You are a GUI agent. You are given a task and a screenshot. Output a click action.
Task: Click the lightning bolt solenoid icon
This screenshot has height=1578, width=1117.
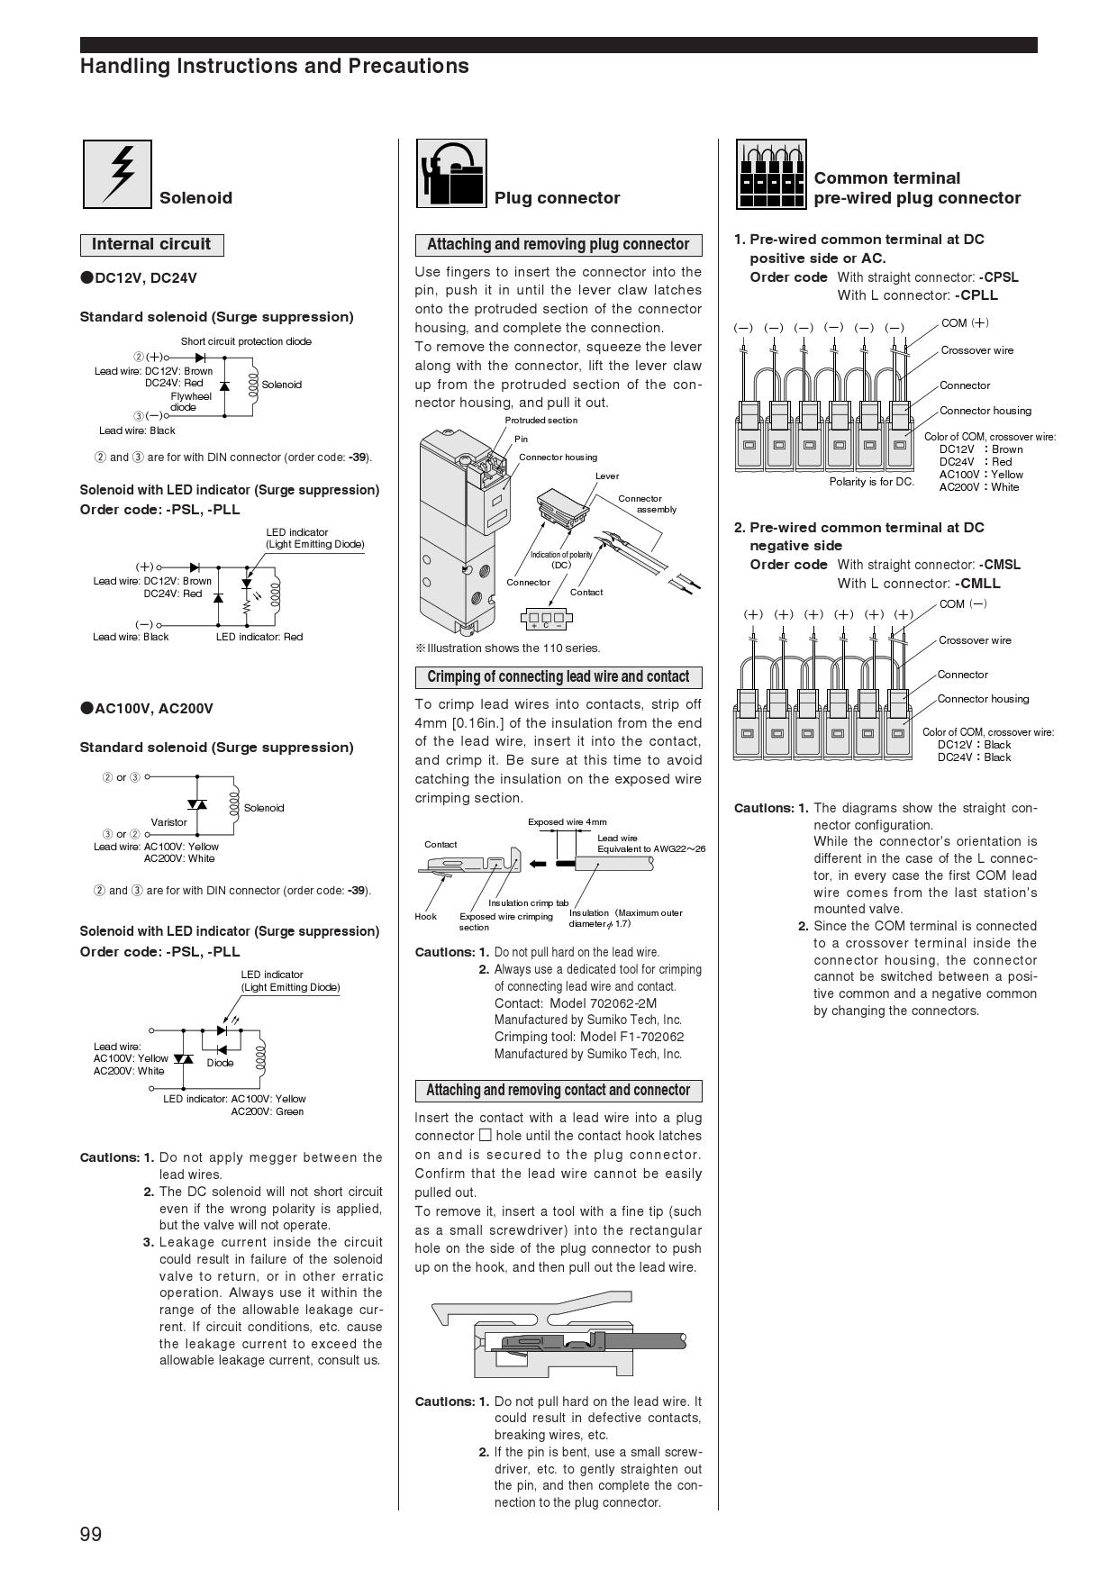pos(117,174)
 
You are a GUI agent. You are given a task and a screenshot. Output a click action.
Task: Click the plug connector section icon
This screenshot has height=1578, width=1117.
pos(451,174)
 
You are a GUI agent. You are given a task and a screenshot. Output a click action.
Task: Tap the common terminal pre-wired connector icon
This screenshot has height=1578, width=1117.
pos(771,174)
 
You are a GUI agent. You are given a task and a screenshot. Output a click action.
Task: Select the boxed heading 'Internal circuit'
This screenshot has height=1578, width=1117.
pos(151,244)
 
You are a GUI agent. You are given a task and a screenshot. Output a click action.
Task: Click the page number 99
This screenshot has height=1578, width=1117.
pos(91,1534)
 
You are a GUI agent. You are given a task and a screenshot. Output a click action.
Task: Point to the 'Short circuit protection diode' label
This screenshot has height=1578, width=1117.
pos(246,341)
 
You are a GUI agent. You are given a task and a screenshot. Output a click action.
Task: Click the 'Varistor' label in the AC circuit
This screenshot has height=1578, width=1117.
pos(168,821)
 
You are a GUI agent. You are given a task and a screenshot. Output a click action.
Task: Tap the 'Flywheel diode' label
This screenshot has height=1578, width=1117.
pos(190,402)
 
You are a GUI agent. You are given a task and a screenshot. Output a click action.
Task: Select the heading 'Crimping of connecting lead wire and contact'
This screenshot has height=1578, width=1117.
pos(558,677)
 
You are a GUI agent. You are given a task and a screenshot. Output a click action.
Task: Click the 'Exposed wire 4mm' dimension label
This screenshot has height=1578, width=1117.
pos(568,821)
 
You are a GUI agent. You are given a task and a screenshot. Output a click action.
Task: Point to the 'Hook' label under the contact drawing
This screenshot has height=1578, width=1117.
pos(425,916)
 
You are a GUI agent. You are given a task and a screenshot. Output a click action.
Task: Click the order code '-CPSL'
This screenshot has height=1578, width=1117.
pos(998,277)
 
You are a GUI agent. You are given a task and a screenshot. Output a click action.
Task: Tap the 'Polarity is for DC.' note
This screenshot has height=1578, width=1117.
pos(871,481)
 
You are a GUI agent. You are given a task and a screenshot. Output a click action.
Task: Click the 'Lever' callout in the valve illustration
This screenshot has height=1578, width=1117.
pos(607,476)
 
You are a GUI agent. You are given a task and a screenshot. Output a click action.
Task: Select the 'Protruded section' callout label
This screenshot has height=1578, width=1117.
pos(540,421)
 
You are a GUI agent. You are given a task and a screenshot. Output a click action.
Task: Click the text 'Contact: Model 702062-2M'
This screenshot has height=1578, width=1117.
pos(575,1002)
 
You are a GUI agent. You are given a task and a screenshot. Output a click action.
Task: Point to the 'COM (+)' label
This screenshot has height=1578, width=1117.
pos(965,322)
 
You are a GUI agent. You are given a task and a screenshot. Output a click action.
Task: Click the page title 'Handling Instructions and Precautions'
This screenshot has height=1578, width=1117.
pos(275,66)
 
